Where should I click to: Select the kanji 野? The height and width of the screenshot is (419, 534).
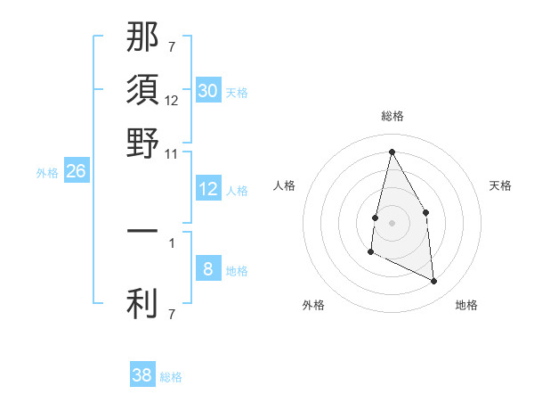coord(142,143)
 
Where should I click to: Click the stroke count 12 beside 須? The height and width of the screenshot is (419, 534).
coord(172,101)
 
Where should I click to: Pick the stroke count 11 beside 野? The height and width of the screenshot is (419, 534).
coord(172,153)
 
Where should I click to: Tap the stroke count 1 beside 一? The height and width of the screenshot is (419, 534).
coord(172,242)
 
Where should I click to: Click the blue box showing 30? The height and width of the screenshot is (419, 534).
coord(207,91)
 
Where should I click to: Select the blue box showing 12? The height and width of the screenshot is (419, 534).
coord(207,189)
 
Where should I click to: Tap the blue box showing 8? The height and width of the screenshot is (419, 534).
coord(207,269)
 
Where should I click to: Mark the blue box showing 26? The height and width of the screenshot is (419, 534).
coord(76,171)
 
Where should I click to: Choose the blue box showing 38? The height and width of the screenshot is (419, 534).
coord(142,375)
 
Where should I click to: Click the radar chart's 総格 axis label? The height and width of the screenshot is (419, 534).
coord(392,116)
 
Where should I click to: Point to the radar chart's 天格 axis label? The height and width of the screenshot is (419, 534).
coord(500,185)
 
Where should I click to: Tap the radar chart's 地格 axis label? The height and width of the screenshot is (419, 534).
coord(466,305)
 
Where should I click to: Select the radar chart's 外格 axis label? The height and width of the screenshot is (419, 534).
coord(313,305)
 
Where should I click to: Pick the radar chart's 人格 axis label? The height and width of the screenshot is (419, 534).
coord(284,185)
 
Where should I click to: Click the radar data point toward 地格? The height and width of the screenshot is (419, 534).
coord(434,282)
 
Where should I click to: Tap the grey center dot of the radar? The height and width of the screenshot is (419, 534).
coord(392,222)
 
